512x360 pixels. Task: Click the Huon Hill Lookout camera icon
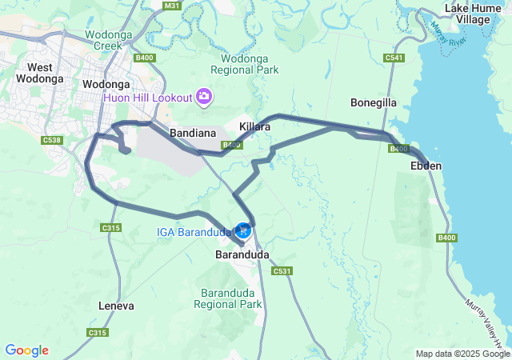(x=204, y=98)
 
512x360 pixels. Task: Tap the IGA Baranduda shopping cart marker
(x=243, y=230)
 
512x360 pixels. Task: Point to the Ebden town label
(x=425, y=166)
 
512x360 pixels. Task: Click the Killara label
(x=255, y=126)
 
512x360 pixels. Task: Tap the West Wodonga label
(x=44, y=74)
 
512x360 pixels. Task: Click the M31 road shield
(x=170, y=6)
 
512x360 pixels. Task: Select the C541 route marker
(x=393, y=58)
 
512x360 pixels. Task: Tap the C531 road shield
(x=282, y=271)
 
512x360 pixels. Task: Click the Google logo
(x=26, y=350)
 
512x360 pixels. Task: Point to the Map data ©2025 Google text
(x=462, y=354)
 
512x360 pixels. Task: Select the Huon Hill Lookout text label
(x=148, y=98)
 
